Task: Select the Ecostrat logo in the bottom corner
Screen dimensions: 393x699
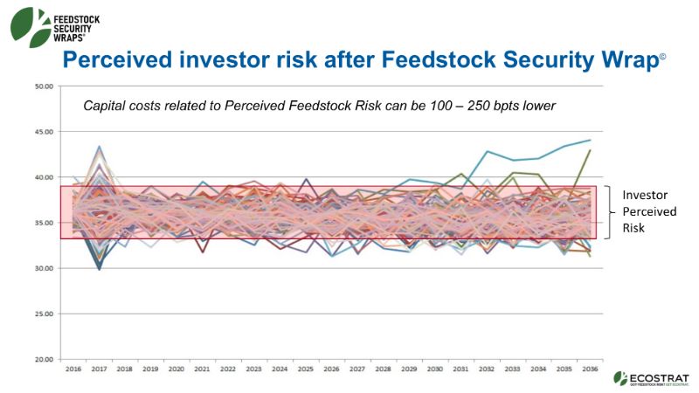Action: point(650,377)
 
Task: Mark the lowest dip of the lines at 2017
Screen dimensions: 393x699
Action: point(100,269)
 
